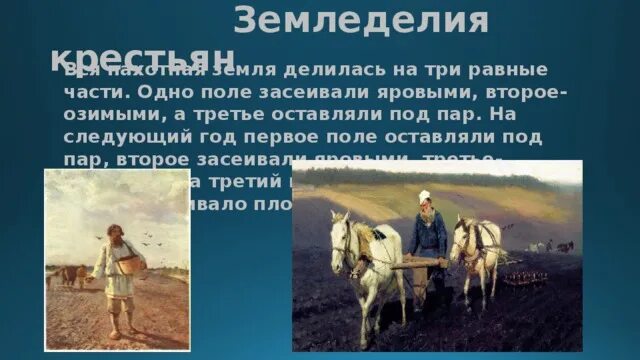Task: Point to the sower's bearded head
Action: [114, 233]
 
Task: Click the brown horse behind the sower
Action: [70, 274]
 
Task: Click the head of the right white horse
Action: [463, 240]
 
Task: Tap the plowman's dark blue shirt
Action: [428, 231]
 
